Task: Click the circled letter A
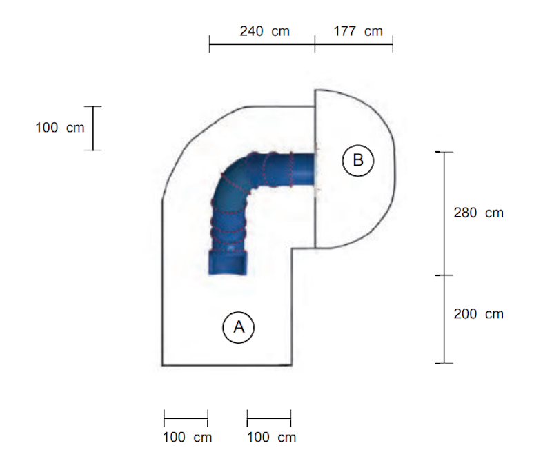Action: click(x=238, y=327)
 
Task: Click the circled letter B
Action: click(x=357, y=160)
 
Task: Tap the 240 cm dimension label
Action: click(x=265, y=31)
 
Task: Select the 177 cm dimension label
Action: click(x=358, y=31)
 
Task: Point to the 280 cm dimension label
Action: click(x=478, y=213)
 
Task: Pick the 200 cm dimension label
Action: click(x=478, y=314)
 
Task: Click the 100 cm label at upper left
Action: click(x=60, y=128)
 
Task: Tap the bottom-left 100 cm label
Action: click(x=187, y=438)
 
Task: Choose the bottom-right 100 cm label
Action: click(x=271, y=438)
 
